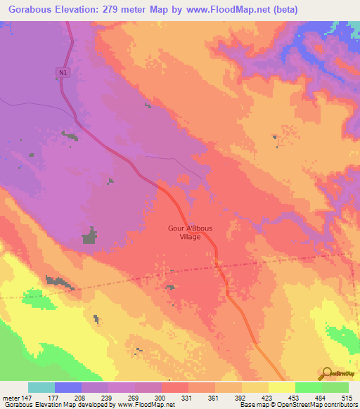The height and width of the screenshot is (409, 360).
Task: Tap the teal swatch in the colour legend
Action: (x=41, y=387)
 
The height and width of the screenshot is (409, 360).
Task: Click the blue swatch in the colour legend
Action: (x=68, y=387)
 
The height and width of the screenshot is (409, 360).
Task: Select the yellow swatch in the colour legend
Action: (x=281, y=387)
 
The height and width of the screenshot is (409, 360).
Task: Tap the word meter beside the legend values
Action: (x=8, y=397)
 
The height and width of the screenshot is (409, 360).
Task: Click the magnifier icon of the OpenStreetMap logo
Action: (x=326, y=372)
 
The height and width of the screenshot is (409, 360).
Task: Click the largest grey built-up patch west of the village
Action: (x=89, y=236)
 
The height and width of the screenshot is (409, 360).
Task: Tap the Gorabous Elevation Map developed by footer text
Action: (x=60, y=405)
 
